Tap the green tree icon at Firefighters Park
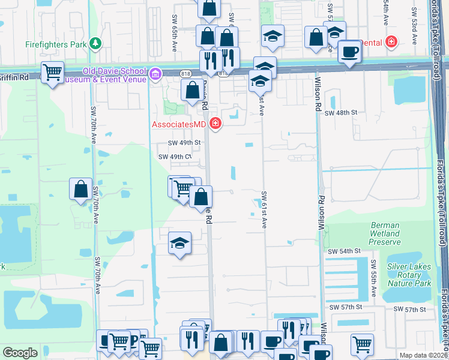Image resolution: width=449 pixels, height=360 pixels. coord(95,44)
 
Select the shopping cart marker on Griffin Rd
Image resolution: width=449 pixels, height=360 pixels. coord(53,73)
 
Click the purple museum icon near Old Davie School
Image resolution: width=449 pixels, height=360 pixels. coord(155,74)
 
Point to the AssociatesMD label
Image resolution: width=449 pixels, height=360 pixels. coord(178,124)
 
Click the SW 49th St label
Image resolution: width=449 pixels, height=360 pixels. coord(183,143)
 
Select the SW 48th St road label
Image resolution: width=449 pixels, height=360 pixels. coord(341,112)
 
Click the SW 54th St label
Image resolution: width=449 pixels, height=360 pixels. coord(344,250)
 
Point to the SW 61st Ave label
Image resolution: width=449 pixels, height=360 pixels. coord(264,210)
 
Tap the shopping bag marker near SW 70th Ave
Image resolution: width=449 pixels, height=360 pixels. coord(81,190)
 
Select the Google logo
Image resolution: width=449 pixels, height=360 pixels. coord(20,353)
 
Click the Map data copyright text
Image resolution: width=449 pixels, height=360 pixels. coord(423,355)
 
